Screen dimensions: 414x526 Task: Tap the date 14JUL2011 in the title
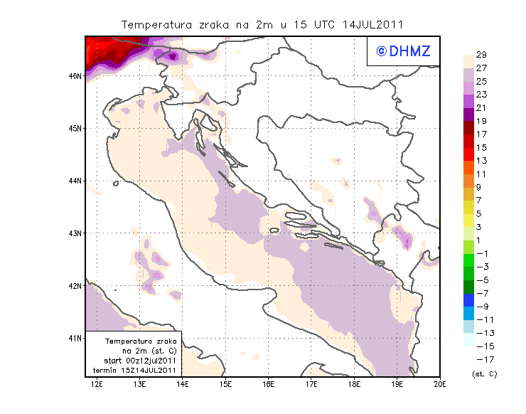click(x=374, y=24)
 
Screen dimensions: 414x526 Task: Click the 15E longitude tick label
click(x=225, y=384)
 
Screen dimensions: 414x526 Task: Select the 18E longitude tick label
click(x=354, y=384)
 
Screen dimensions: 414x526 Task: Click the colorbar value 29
click(x=481, y=55)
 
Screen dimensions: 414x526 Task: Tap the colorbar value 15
click(x=481, y=147)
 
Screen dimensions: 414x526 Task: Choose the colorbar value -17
click(x=481, y=359)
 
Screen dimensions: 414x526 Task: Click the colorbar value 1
click(x=481, y=240)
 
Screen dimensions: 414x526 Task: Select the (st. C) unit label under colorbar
click(x=483, y=373)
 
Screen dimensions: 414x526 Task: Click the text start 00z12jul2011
click(x=135, y=361)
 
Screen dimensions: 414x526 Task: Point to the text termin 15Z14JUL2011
click(x=135, y=371)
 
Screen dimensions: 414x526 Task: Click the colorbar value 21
click(x=481, y=107)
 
